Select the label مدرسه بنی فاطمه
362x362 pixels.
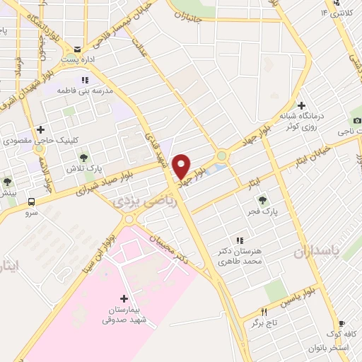[x=90, y=92]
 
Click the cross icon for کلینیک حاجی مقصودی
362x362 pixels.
[x=41, y=130]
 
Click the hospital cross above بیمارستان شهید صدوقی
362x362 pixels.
[x=124, y=299]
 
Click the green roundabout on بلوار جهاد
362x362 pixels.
[x=222, y=156]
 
